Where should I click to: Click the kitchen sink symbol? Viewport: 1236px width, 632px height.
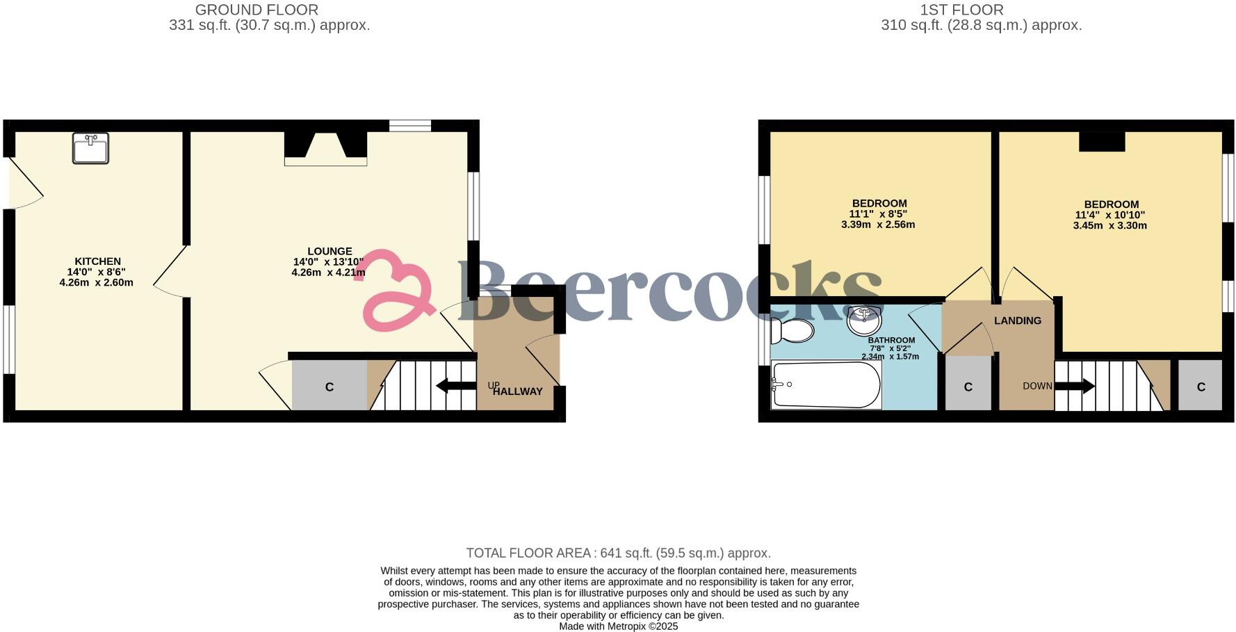click(90, 148)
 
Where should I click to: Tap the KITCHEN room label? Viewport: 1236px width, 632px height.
click(97, 261)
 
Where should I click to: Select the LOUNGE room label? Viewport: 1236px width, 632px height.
click(330, 251)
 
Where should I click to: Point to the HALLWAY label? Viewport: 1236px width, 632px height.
click(518, 391)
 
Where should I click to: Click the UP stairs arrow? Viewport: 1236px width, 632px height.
click(455, 386)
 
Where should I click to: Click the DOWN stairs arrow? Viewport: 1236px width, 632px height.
click(1075, 386)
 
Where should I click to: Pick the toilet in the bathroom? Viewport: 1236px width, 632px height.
click(792, 330)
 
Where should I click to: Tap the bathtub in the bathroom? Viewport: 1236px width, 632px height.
click(826, 384)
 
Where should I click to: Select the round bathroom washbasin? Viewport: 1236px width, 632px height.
click(864, 321)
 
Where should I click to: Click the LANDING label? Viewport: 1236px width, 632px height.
click(1017, 321)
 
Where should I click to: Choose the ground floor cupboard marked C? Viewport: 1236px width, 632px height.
click(330, 387)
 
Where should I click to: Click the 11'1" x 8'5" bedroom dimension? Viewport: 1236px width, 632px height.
click(878, 214)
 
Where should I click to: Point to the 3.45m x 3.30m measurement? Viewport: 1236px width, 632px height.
click(1109, 225)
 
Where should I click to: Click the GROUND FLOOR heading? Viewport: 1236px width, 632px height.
click(257, 10)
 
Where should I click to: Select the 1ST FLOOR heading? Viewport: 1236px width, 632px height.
click(961, 10)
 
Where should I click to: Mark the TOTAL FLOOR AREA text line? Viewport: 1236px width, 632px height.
click(618, 553)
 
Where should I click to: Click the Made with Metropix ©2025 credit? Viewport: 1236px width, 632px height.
click(618, 626)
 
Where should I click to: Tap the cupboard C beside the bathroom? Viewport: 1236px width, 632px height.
click(968, 387)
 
